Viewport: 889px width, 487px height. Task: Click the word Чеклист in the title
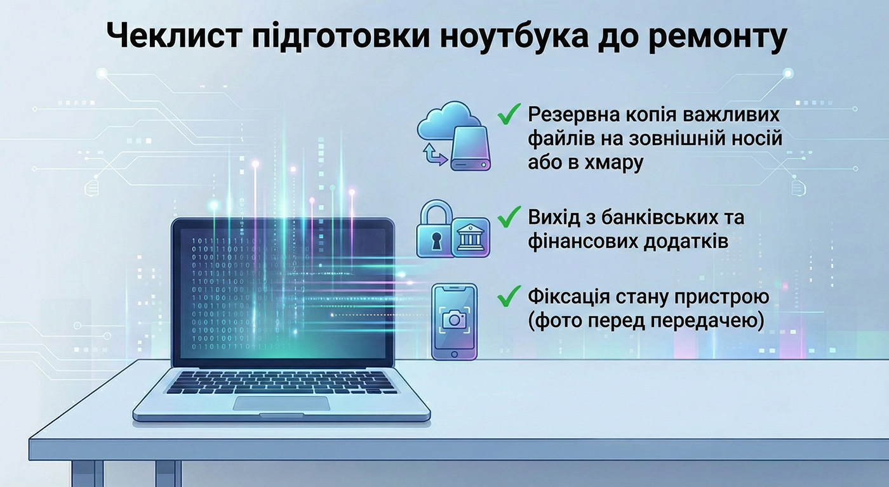point(174,36)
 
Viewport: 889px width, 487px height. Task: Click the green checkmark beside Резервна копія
point(509,114)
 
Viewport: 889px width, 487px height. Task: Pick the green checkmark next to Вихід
point(509,217)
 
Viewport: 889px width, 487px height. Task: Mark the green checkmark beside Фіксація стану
point(509,296)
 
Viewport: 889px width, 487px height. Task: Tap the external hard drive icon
point(471,148)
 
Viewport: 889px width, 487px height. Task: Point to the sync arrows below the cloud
point(434,155)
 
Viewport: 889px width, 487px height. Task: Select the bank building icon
point(471,238)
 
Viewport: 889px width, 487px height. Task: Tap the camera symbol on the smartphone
point(455,320)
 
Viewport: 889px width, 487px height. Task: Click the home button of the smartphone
point(455,354)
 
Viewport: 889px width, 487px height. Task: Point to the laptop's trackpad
point(281,403)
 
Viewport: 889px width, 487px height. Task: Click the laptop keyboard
point(282,382)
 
